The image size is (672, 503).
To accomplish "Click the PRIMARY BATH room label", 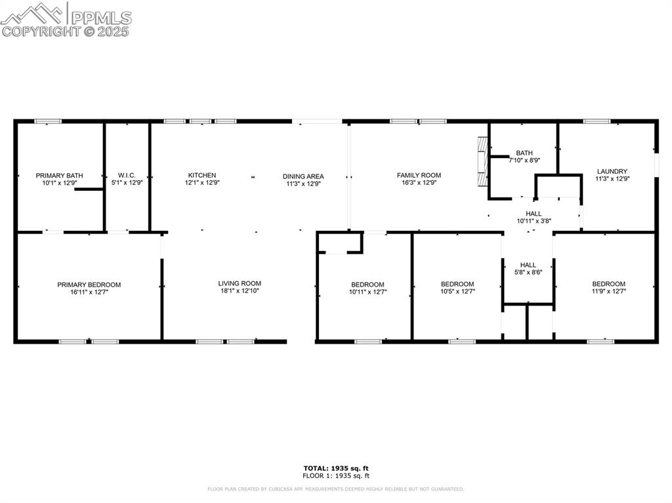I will pyautogui.click(x=59, y=175).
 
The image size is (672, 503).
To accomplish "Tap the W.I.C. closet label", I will pyautogui.click(x=127, y=175).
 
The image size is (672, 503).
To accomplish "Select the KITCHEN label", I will pyautogui.click(x=201, y=175).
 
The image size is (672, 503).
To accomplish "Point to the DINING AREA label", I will pyautogui.click(x=303, y=176).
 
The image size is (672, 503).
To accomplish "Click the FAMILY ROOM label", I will pyautogui.click(x=419, y=175).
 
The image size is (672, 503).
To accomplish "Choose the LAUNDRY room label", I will pyautogui.click(x=612, y=171).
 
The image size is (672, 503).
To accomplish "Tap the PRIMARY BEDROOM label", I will pyautogui.click(x=89, y=285).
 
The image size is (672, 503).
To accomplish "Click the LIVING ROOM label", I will pyautogui.click(x=240, y=283).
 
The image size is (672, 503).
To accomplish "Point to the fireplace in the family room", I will pyautogui.click(x=483, y=161).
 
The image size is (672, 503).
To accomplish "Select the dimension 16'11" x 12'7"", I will pyautogui.click(x=89, y=292).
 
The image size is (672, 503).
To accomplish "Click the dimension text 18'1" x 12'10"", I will pyautogui.click(x=240, y=291).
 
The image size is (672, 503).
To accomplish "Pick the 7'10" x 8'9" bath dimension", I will pyautogui.click(x=524, y=160).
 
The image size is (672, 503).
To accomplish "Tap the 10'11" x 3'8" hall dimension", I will pyautogui.click(x=534, y=221).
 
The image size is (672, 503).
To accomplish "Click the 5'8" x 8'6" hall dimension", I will pyautogui.click(x=528, y=272).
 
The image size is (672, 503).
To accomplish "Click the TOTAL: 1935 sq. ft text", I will pyautogui.click(x=336, y=468).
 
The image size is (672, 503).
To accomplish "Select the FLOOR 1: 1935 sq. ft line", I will pyautogui.click(x=336, y=475).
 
